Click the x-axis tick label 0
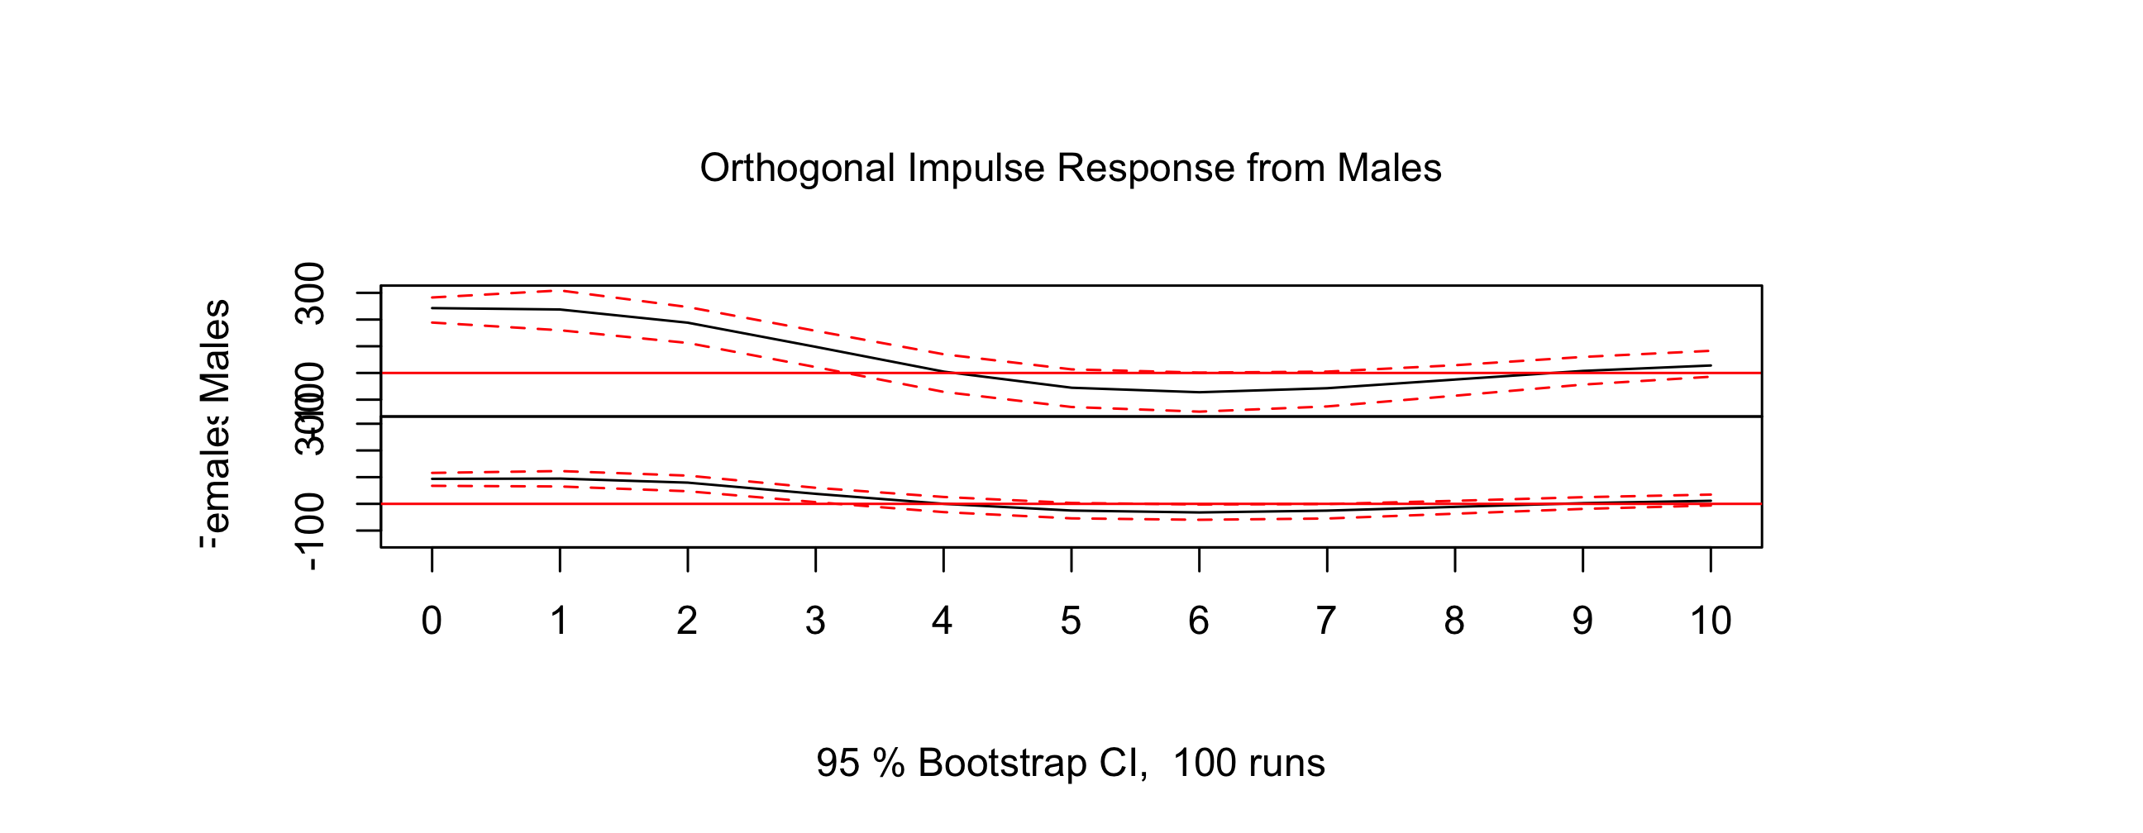(431, 621)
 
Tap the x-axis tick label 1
(559, 621)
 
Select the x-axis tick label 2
(687, 621)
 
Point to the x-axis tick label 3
(815, 621)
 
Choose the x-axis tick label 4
(943, 621)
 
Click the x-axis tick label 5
(1071, 621)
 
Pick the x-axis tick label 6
(1199, 621)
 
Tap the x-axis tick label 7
(1326, 621)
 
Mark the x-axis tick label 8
(1454, 621)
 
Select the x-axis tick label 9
(1582, 621)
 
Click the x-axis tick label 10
(1711, 621)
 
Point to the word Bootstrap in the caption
(1002, 763)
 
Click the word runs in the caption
(1290, 763)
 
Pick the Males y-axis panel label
(217, 351)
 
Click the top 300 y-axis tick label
(311, 293)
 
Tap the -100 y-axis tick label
(311, 531)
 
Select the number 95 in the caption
(838, 763)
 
